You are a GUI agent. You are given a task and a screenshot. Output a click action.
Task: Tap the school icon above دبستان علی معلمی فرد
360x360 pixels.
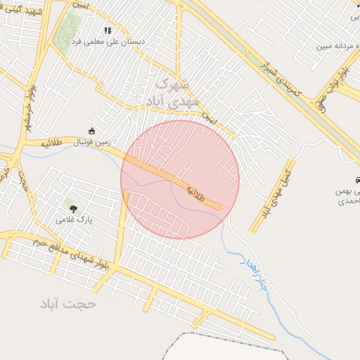(108, 30)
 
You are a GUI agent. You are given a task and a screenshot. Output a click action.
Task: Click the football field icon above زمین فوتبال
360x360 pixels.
(91, 130)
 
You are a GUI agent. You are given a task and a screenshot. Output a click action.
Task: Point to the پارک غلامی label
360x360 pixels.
(75, 220)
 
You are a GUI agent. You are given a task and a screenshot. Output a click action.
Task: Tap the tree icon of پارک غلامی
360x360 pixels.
(72, 208)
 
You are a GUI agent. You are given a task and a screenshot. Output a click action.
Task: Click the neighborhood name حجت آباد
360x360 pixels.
(67, 304)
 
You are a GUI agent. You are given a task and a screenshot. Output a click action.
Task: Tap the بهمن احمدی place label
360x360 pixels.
(347, 196)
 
